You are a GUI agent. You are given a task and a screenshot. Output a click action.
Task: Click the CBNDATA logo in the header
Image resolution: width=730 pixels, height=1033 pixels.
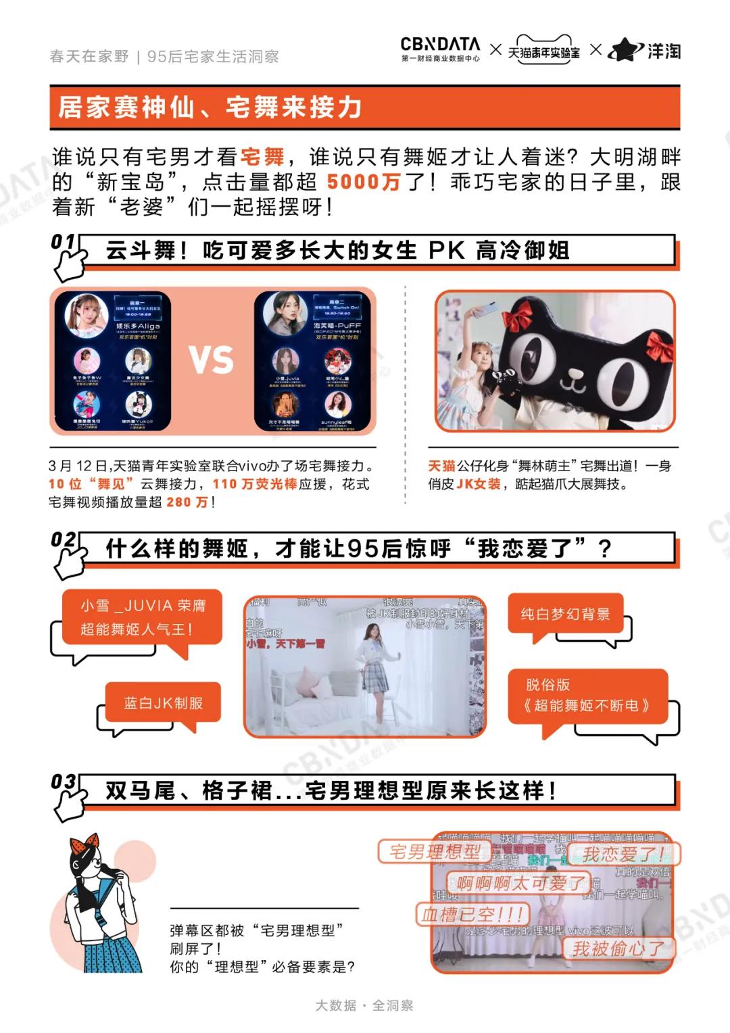440,49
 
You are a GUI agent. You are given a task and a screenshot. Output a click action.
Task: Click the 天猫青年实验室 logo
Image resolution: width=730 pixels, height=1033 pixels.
544,50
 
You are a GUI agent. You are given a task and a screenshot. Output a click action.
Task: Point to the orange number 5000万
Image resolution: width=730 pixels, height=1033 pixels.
364,182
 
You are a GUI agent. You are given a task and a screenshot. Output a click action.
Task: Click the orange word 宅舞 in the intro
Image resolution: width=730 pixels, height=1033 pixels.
262,158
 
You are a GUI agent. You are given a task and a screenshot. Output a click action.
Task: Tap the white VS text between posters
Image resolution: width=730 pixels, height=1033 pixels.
212,360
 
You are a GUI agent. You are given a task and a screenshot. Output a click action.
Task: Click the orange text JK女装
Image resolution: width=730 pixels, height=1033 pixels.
479,484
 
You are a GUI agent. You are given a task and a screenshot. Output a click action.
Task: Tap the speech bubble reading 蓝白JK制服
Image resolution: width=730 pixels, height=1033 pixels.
163,704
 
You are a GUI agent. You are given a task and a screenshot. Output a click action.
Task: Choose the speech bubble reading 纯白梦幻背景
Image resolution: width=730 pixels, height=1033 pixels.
565,615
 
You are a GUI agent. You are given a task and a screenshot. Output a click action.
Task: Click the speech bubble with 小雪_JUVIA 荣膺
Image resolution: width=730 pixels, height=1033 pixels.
143,618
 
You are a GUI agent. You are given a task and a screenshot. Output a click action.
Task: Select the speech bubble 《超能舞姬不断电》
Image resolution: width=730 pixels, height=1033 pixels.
587,696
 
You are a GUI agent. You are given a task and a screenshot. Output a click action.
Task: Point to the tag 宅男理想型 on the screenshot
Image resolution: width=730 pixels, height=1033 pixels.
435,852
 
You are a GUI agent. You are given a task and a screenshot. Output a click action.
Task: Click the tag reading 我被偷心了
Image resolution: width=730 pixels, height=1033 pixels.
618,948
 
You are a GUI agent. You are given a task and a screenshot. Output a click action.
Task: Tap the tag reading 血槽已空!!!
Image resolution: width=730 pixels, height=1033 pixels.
472,915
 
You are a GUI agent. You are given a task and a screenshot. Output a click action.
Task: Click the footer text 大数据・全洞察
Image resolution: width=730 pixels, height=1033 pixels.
364,1005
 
